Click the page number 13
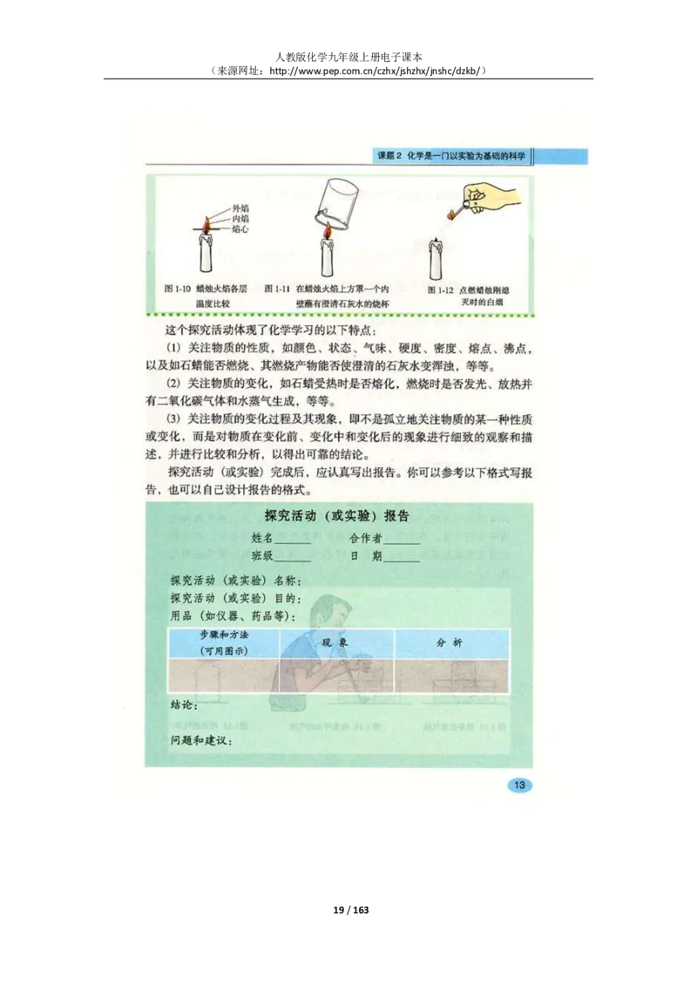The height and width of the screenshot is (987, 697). (519, 786)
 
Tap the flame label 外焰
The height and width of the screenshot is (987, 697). (241, 208)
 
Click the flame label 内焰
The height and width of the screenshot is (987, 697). (240, 219)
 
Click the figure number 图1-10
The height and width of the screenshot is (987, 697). (177, 288)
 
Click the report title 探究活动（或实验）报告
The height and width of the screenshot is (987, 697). (337, 515)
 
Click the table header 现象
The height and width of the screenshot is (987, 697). (336, 642)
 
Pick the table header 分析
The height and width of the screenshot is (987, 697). (450, 643)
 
